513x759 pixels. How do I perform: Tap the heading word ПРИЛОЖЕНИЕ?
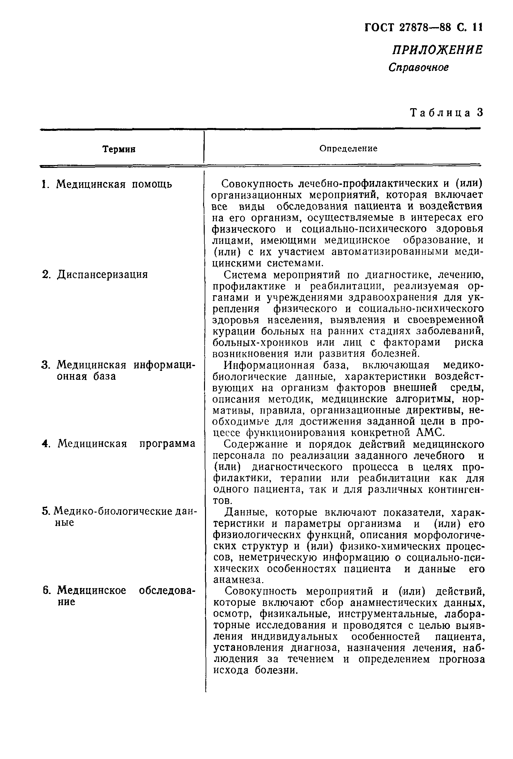[x=437, y=50]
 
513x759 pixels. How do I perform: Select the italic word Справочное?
[x=419, y=67]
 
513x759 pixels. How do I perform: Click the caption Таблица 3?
[x=446, y=112]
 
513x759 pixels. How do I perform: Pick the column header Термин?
[x=119, y=149]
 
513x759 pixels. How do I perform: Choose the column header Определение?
[x=348, y=149]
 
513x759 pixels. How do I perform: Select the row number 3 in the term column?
[x=45, y=365]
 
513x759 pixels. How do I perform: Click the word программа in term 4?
[x=167, y=444]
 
